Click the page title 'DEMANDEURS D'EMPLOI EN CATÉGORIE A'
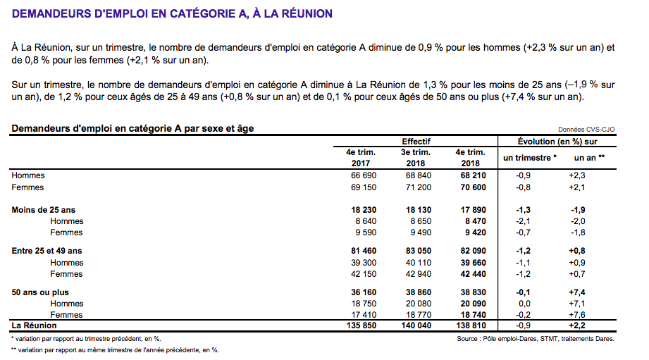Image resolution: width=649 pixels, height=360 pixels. [x=172, y=14]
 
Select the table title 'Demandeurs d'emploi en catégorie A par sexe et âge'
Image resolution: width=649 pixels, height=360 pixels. [x=132, y=128]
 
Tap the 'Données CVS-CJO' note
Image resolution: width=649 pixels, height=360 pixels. [x=586, y=130]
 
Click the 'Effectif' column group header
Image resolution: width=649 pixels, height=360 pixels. [x=416, y=141]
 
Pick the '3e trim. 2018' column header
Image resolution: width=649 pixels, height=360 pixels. [x=416, y=157]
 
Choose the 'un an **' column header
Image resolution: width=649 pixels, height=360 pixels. [x=590, y=158]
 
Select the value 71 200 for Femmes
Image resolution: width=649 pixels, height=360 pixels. [x=416, y=187]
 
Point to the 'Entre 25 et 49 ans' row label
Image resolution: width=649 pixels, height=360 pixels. [x=47, y=251]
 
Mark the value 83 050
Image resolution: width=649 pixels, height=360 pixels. [x=416, y=251]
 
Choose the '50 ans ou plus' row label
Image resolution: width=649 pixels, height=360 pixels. [x=40, y=292]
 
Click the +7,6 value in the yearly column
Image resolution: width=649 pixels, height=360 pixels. [x=577, y=315]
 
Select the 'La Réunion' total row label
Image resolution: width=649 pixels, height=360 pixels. [x=35, y=325]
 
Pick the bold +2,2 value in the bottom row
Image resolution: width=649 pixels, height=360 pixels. [x=577, y=325]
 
